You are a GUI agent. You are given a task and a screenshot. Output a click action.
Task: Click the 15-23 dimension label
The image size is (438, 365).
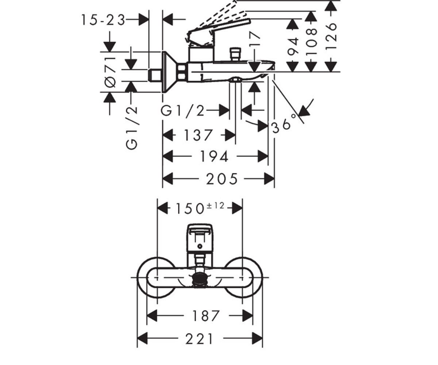pyautogui.click(x=103, y=20)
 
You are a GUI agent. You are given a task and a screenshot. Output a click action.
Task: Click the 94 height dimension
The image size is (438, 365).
pyautogui.click(x=292, y=46)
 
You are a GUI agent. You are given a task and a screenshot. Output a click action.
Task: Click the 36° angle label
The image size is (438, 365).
pyautogui.click(x=284, y=124)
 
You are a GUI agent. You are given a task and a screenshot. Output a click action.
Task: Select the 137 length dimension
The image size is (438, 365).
pyautogui.click(x=198, y=135)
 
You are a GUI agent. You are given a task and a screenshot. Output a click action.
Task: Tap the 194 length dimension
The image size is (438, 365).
pyautogui.click(x=214, y=157)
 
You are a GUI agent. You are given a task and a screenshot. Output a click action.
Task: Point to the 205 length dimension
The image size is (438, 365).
pyautogui.click(x=222, y=179)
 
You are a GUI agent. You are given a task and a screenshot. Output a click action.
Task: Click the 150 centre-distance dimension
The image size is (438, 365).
pyautogui.click(x=190, y=209)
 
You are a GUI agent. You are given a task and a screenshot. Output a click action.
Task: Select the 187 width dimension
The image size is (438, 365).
pyautogui.click(x=206, y=316)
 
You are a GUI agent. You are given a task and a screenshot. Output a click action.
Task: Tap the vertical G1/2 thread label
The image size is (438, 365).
pyautogui.click(x=131, y=128)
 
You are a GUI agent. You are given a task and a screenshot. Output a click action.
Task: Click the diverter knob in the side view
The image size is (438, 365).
pyautogui.click(x=235, y=54)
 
